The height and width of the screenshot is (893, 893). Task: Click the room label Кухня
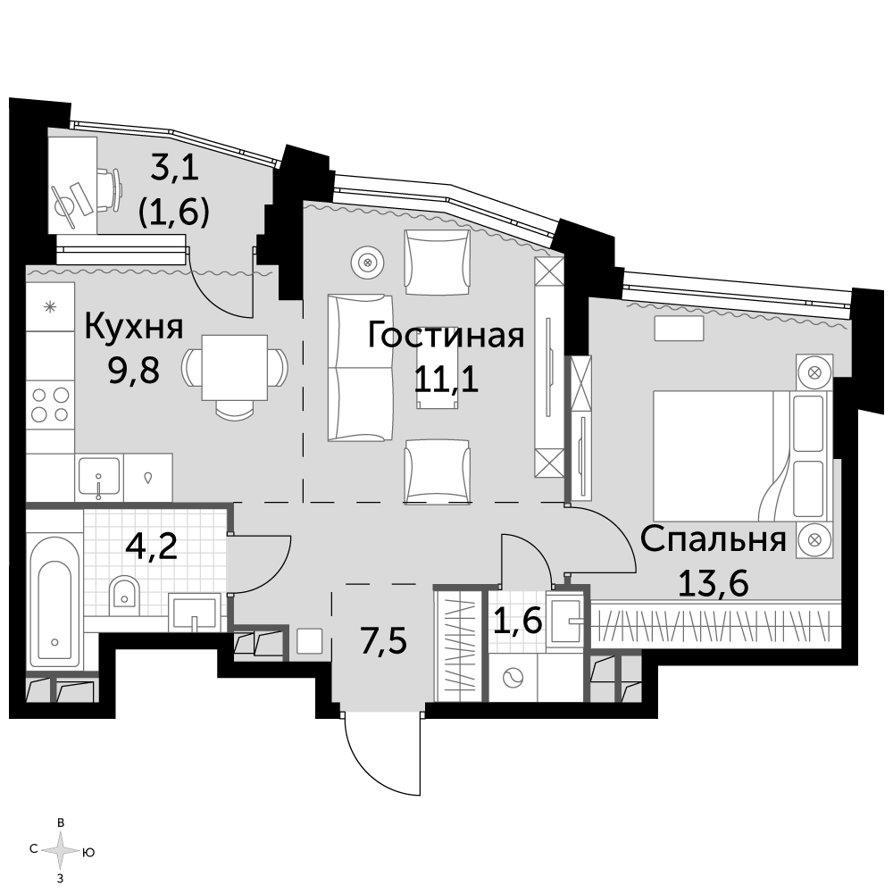134,327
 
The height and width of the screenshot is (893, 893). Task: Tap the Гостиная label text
446,335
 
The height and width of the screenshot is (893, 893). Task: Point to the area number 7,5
383,640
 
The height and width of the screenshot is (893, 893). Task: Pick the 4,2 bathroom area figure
152,547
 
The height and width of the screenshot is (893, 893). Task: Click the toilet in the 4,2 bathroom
123,592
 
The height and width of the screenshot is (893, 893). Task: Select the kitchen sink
99,476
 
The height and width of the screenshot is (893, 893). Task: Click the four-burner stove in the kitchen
50,404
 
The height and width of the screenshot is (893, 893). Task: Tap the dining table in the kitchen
235,368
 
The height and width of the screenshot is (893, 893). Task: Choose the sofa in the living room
361,368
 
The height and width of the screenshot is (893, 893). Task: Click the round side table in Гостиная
367,263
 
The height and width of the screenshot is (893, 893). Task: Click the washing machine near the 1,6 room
513,678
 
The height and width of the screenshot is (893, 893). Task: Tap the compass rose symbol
61,851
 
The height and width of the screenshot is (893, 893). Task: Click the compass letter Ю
88,853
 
